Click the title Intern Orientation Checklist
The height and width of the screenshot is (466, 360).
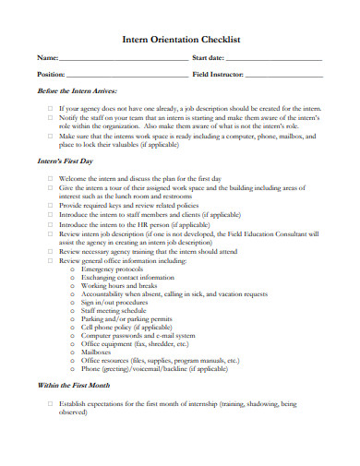(x=181, y=40)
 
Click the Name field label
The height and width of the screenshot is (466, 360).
(x=46, y=58)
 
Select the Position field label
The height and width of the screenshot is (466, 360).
(x=51, y=74)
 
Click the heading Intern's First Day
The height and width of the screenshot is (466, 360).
(x=66, y=161)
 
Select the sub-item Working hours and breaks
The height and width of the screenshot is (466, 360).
(x=118, y=286)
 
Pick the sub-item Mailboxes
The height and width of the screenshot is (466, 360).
(x=98, y=351)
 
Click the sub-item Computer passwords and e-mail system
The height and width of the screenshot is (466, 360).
(x=138, y=334)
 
